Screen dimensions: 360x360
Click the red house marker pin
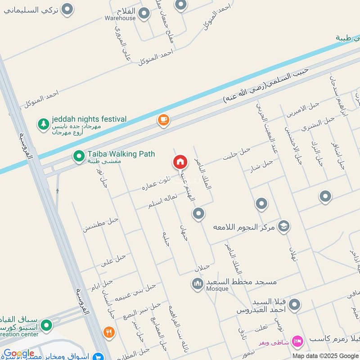[180, 162]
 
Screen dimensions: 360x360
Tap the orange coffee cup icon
[163, 120]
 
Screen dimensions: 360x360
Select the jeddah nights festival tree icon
[43, 124]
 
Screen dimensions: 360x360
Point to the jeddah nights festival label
[90, 119]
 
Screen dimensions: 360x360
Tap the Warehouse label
[120, 18]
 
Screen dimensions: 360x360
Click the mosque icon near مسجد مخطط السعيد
[197, 283]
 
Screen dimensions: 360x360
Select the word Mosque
[217, 289]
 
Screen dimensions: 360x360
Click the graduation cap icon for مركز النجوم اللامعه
[284, 225]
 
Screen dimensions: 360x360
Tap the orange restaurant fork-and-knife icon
[108, 332]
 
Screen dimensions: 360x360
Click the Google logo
[19, 354]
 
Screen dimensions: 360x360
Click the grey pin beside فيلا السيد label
[295, 305]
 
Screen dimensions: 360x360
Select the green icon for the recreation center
[46, 325]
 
